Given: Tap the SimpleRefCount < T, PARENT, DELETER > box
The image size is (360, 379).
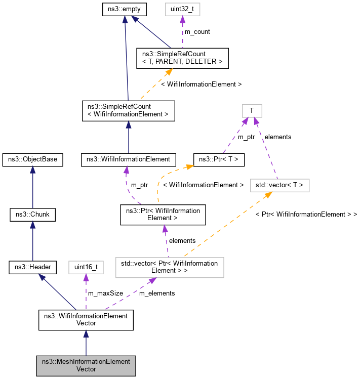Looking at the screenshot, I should [182, 58].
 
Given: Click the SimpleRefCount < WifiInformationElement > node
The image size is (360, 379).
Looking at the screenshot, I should [128, 110].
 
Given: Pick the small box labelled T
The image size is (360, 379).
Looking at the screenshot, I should [251, 110].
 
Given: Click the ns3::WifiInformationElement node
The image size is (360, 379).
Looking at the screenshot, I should [128, 159].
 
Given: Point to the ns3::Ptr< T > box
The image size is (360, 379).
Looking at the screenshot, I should [219, 159].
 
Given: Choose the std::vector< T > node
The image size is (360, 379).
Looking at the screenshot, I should [279, 186].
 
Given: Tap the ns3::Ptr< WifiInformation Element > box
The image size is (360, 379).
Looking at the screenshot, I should [163, 215].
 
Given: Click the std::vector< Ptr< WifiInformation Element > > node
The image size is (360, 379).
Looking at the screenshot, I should [170, 267].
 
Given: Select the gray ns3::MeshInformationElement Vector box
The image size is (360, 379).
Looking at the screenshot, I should [86, 365].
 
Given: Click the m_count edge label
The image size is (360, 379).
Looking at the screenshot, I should [197, 32].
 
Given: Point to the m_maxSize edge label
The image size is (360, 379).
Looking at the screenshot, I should [105, 293].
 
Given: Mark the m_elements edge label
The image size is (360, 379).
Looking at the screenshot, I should [157, 293].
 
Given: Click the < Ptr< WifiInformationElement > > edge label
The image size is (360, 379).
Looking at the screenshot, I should [306, 215].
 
